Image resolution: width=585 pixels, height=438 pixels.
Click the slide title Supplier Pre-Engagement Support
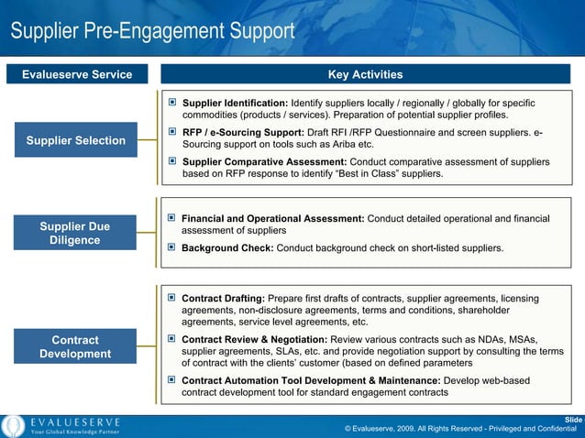tap(152, 32)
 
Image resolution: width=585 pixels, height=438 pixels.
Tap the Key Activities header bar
tap(365, 74)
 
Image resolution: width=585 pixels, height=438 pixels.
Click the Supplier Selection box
tap(76, 140)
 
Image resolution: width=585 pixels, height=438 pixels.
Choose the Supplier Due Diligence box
tap(76, 233)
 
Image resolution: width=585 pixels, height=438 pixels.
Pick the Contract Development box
tap(76, 347)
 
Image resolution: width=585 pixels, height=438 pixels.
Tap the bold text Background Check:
tap(227, 248)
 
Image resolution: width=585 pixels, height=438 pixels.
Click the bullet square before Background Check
tap(171, 247)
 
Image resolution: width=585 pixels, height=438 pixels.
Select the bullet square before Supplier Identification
tap(171, 103)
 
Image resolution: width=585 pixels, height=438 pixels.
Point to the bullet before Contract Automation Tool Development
tap(171, 379)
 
